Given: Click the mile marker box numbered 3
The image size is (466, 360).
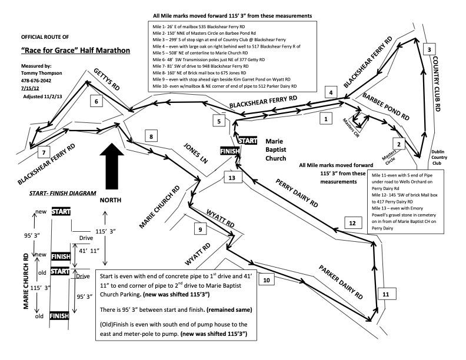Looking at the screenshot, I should click(x=430, y=50).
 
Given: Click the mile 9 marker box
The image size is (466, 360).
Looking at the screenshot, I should click(x=201, y=229).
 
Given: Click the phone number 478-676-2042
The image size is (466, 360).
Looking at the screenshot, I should click(x=37, y=81).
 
